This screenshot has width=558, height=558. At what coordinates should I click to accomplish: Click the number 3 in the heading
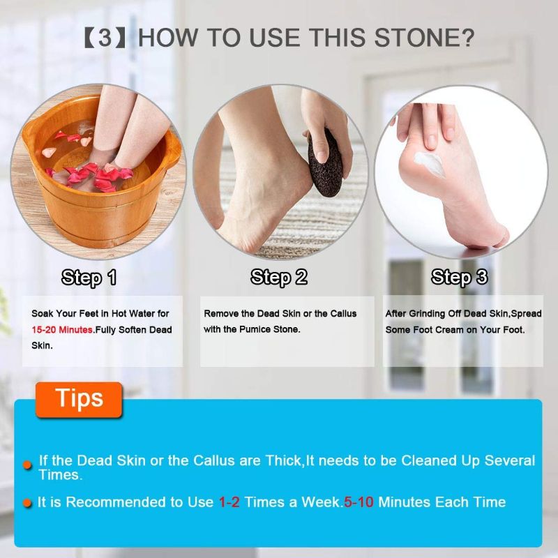tap(105, 37)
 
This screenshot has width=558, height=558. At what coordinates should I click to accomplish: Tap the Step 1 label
tap(89, 278)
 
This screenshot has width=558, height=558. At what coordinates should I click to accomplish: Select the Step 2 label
tap(279, 278)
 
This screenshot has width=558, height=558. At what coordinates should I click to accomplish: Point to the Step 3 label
tap(460, 278)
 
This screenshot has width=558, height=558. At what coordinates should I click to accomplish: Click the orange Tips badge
tap(79, 398)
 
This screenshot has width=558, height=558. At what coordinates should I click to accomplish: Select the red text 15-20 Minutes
tap(63, 329)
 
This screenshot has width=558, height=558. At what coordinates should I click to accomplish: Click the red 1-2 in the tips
tap(229, 502)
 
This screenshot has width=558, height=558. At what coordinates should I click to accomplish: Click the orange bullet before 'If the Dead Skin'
tap(27, 464)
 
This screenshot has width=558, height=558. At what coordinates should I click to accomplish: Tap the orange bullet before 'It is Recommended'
tap(27, 502)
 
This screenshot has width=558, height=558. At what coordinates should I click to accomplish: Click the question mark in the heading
tap(467, 37)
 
